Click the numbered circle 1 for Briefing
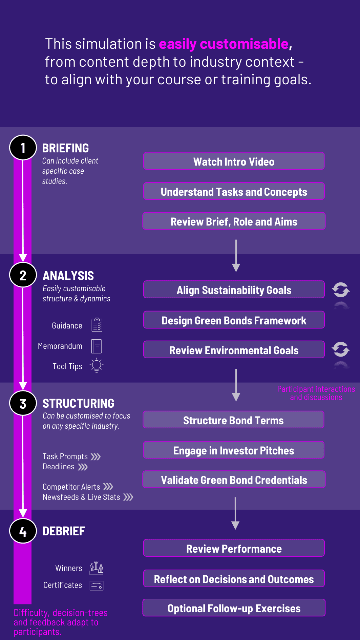click(23, 148)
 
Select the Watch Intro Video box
click(234, 161)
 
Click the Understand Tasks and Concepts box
click(234, 191)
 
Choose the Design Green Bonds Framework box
click(234, 320)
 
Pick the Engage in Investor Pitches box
click(234, 450)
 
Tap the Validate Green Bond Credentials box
click(234, 479)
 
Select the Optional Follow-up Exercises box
click(234, 608)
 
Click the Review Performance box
click(234, 548)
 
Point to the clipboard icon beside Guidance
click(97, 325)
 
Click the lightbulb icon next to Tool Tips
click(97, 365)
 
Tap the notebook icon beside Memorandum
click(97, 346)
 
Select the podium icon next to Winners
click(96, 568)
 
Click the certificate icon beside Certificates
click(97, 585)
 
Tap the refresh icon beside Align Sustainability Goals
click(341, 290)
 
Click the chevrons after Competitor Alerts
click(108, 487)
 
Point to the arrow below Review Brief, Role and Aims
click(236, 256)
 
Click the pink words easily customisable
click(224, 44)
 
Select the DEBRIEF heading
click(64, 531)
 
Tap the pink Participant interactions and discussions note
click(316, 393)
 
